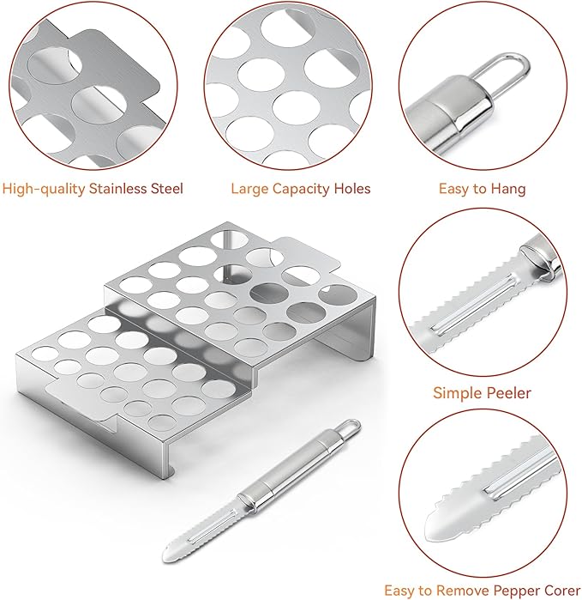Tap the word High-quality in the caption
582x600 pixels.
pyautogui.click(x=43, y=189)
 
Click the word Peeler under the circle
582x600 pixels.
pyautogui.click(x=508, y=392)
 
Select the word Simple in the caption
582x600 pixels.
pyautogui.click(x=457, y=393)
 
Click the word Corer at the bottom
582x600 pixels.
pyautogui.click(x=560, y=591)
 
